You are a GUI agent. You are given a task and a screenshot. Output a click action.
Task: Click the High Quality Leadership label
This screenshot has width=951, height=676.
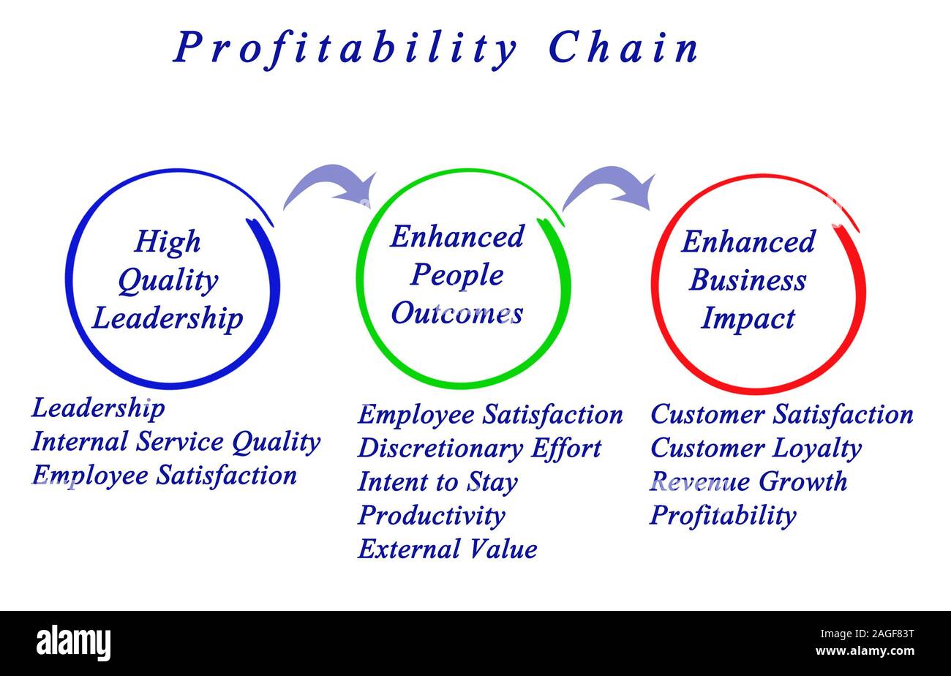click(x=168, y=280)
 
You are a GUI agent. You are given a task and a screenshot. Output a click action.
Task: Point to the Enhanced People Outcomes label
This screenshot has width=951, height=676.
click(x=457, y=275)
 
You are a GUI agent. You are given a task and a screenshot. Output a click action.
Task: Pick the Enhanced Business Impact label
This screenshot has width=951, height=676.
click(x=748, y=280)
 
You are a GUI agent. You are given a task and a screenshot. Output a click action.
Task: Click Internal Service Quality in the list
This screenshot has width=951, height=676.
click(x=176, y=442)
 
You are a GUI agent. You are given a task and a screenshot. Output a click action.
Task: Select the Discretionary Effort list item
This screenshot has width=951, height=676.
click(x=479, y=448)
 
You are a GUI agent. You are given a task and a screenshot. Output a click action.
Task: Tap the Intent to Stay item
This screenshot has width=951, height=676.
click(x=437, y=482)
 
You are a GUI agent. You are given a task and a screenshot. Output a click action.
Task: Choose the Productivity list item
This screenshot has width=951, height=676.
click(x=431, y=516)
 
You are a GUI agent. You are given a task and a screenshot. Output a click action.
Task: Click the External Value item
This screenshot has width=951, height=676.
click(x=447, y=549)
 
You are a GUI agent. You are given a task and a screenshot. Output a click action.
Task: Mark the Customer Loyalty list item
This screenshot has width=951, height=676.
click(x=756, y=448)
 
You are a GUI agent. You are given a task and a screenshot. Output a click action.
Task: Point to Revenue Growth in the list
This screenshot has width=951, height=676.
click(x=748, y=482)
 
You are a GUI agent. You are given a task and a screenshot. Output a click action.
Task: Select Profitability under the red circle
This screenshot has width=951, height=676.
click(x=723, y=516)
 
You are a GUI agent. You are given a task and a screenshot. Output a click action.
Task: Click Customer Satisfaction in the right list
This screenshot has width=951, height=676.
click(x=781, y=415)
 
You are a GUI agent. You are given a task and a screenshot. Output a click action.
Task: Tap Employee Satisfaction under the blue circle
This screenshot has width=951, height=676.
click(x=164, y=476)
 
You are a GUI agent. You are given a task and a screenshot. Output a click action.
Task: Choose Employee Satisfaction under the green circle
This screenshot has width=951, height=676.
click(x=490, y=415)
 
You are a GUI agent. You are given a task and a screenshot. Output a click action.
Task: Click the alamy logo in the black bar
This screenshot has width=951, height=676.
click(x=74, y=643)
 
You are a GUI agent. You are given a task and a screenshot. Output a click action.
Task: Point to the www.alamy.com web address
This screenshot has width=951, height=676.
click(x=865, y=651)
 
